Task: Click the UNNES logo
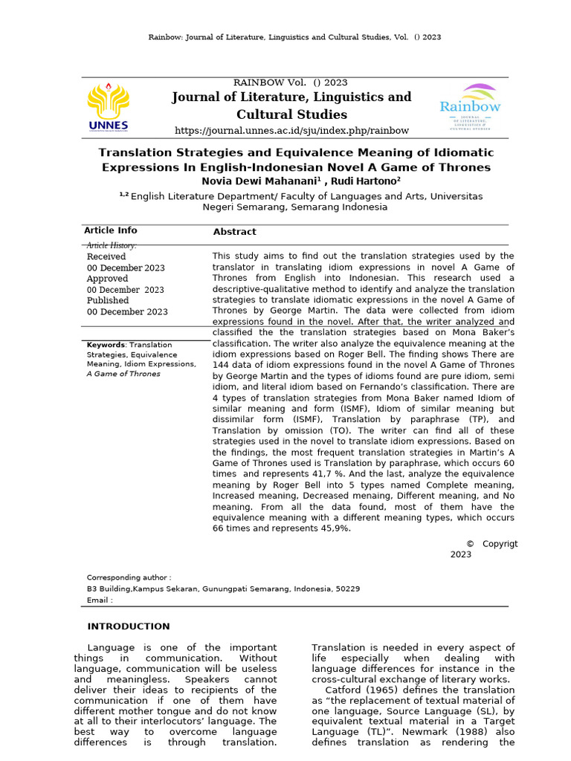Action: [x=108, y=107]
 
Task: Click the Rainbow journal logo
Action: [x=470, y=107]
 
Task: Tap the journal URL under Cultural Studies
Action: [x=291, y=131]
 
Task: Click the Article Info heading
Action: [x=110, y=230]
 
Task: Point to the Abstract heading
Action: [x=234, y=232]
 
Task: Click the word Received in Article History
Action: [x=106, y=256]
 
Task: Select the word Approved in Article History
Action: [x=108, y=279]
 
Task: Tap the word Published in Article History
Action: [x=109, y=301]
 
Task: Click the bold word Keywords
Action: [x=106, y=345]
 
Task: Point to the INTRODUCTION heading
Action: [x=129, y=626]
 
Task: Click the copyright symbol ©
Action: [x=470, y=544]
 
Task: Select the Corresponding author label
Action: [x=129, y=577]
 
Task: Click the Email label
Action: [x=100, y=600]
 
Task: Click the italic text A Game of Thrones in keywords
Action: [x=123, y=374]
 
